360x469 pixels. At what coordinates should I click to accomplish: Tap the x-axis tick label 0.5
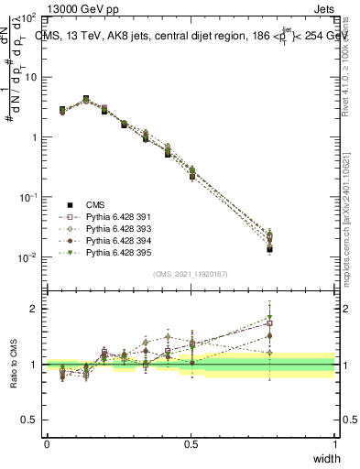[191, 443]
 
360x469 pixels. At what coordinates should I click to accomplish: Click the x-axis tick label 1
[335, 443]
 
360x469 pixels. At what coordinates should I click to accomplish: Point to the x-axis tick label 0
[47, 443]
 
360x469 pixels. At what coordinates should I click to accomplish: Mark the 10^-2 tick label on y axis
[29, 257]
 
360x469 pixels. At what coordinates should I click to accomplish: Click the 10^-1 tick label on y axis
[29, 197]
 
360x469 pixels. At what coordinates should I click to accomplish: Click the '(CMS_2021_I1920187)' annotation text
[191, 272]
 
